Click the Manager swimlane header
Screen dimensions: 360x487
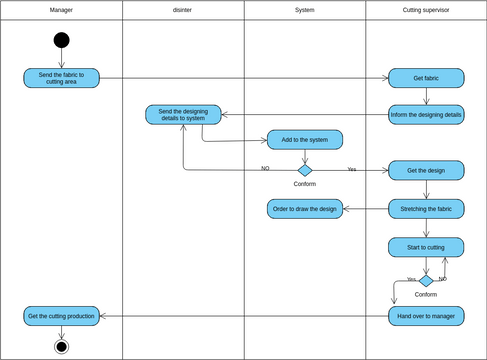click(x=61, y=10)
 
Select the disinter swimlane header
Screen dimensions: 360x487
click(x=183, y=10)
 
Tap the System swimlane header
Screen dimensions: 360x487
click(x=304, y=10)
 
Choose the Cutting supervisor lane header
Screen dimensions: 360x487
click(x=425, y=10)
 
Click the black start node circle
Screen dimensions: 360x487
click(x=61, y=40)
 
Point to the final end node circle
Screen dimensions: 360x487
click(x=61, y=346)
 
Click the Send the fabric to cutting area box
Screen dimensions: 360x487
click(x=61, y=78)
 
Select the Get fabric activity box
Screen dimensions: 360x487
click(x=426, y=78)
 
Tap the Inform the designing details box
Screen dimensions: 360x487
click(x=426, y=114)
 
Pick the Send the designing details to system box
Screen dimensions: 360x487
click(x=183, y=114)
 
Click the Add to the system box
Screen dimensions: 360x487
click(x=305, y=139)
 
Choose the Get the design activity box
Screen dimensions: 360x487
click(x=426, y=170)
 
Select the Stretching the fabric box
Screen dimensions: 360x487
click(x=426, y=208)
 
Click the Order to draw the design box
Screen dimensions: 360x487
click(x=305, y=208)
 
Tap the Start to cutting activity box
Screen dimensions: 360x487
click(x=426, y=246)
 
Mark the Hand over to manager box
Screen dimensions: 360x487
click(x=426, y=316)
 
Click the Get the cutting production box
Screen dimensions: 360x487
click(x=61, y=316)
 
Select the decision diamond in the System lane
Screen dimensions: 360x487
click(x=305, y=170)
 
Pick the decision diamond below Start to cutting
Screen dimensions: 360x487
click(x=426, y=281)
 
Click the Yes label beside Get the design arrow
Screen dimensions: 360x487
click(x=352, y=169)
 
